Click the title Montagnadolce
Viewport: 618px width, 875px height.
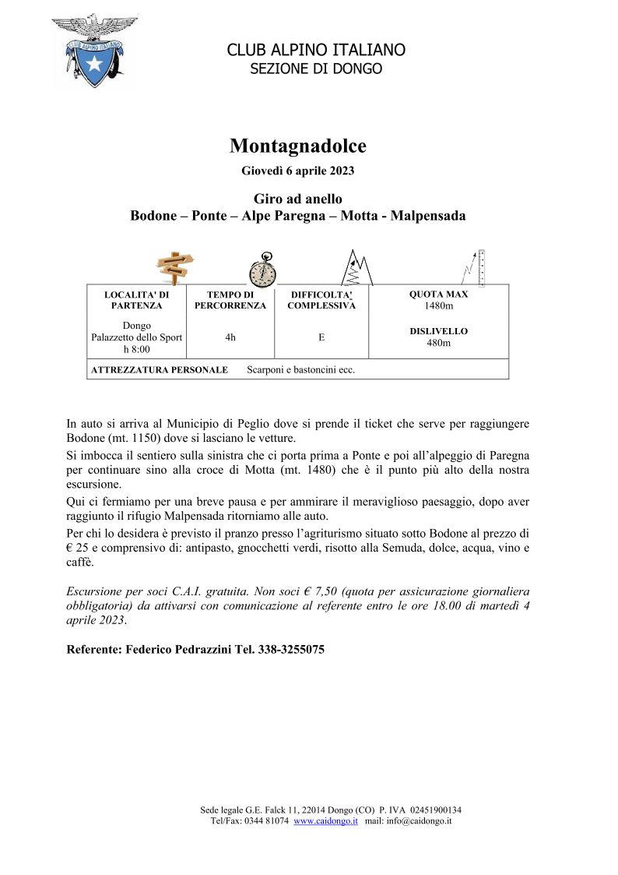point(298,146)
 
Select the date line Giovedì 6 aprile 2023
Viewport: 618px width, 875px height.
point(298,170)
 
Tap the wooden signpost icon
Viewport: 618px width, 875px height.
point(175,267)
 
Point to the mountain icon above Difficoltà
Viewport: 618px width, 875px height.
point(356,268)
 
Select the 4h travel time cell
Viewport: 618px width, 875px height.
point(230,337)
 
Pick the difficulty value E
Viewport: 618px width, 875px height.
point(321,337)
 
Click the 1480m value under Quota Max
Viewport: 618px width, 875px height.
point(439,306)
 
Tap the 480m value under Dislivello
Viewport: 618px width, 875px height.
point(439,343)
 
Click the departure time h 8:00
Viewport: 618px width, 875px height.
point(136,350)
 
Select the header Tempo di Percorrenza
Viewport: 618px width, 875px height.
point(230,301)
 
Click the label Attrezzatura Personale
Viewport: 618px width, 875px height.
point(160,370)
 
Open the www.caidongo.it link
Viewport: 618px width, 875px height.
point(325,821)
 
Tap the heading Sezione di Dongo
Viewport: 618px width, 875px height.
point(315,69)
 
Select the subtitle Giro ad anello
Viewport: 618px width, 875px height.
point(298,199)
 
